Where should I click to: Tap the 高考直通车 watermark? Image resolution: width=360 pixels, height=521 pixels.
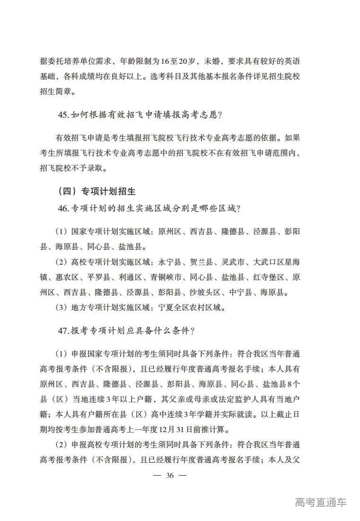(320, 502)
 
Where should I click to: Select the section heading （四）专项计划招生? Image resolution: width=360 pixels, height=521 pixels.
(96, 191)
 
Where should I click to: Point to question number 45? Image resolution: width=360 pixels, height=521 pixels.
(64, 114)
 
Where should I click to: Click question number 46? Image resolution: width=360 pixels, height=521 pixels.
(64, 208)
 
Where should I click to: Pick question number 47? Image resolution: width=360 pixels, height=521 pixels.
(64, 331)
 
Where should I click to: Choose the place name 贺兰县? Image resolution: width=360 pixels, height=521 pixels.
(202, 262)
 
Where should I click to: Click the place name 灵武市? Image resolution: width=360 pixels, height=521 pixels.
(233, 262)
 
